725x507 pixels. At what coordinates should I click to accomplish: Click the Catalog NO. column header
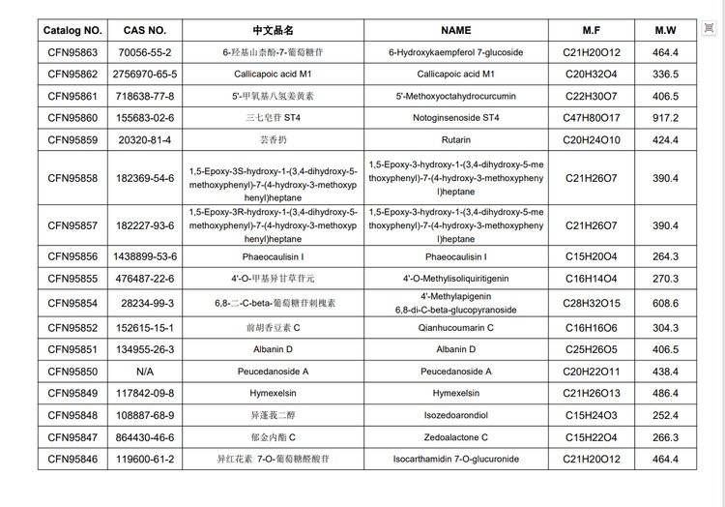[x=72, y=30]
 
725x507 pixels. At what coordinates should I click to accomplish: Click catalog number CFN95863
[x=72, y=52]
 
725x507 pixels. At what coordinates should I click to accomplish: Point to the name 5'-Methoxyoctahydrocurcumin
[x=455, y=96]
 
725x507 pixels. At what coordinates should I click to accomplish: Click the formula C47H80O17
[x=592, y=118]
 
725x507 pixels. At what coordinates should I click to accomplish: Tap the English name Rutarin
[x=455, y=139]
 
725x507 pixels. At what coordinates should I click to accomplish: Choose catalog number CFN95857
[x=72, y=225]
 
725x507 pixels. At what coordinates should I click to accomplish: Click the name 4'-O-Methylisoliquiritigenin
[x=455, y=279]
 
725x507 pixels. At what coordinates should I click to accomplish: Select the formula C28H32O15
[x=592, y=303]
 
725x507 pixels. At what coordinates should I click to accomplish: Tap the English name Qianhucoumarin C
[x=455, y=328]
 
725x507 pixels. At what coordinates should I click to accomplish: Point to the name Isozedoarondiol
[x=455, y=415]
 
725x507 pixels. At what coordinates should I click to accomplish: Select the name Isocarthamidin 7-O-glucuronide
[x=455, y=459]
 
